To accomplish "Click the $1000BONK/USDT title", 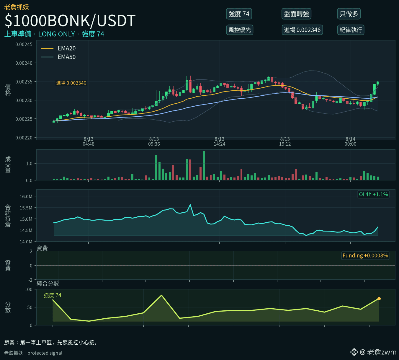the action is coord(70,20).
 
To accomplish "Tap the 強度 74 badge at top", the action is coord(239,14).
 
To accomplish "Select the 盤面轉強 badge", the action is coord(296,14).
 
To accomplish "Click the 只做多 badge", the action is coord(349,14).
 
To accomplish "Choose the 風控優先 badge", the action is coord(240,30).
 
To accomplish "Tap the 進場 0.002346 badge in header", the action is coord(302,30).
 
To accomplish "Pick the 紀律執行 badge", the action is coord(351,30).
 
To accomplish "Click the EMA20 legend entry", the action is coord(58,48).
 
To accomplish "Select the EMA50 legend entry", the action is coord(58,57).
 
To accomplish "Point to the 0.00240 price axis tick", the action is coord(24,63).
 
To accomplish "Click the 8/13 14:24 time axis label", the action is coord(219,141).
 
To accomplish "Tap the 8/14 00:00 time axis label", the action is coord(351,141).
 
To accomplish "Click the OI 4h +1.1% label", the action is coord(373,194).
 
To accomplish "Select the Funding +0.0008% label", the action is coord(365,255).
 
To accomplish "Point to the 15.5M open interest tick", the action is coord(26,208).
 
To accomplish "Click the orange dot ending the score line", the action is coord(379,299).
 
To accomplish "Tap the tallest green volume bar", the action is coord(204,165).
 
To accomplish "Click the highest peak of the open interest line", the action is coord(190,204).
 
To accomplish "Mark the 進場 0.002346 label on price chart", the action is coord(71,83).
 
